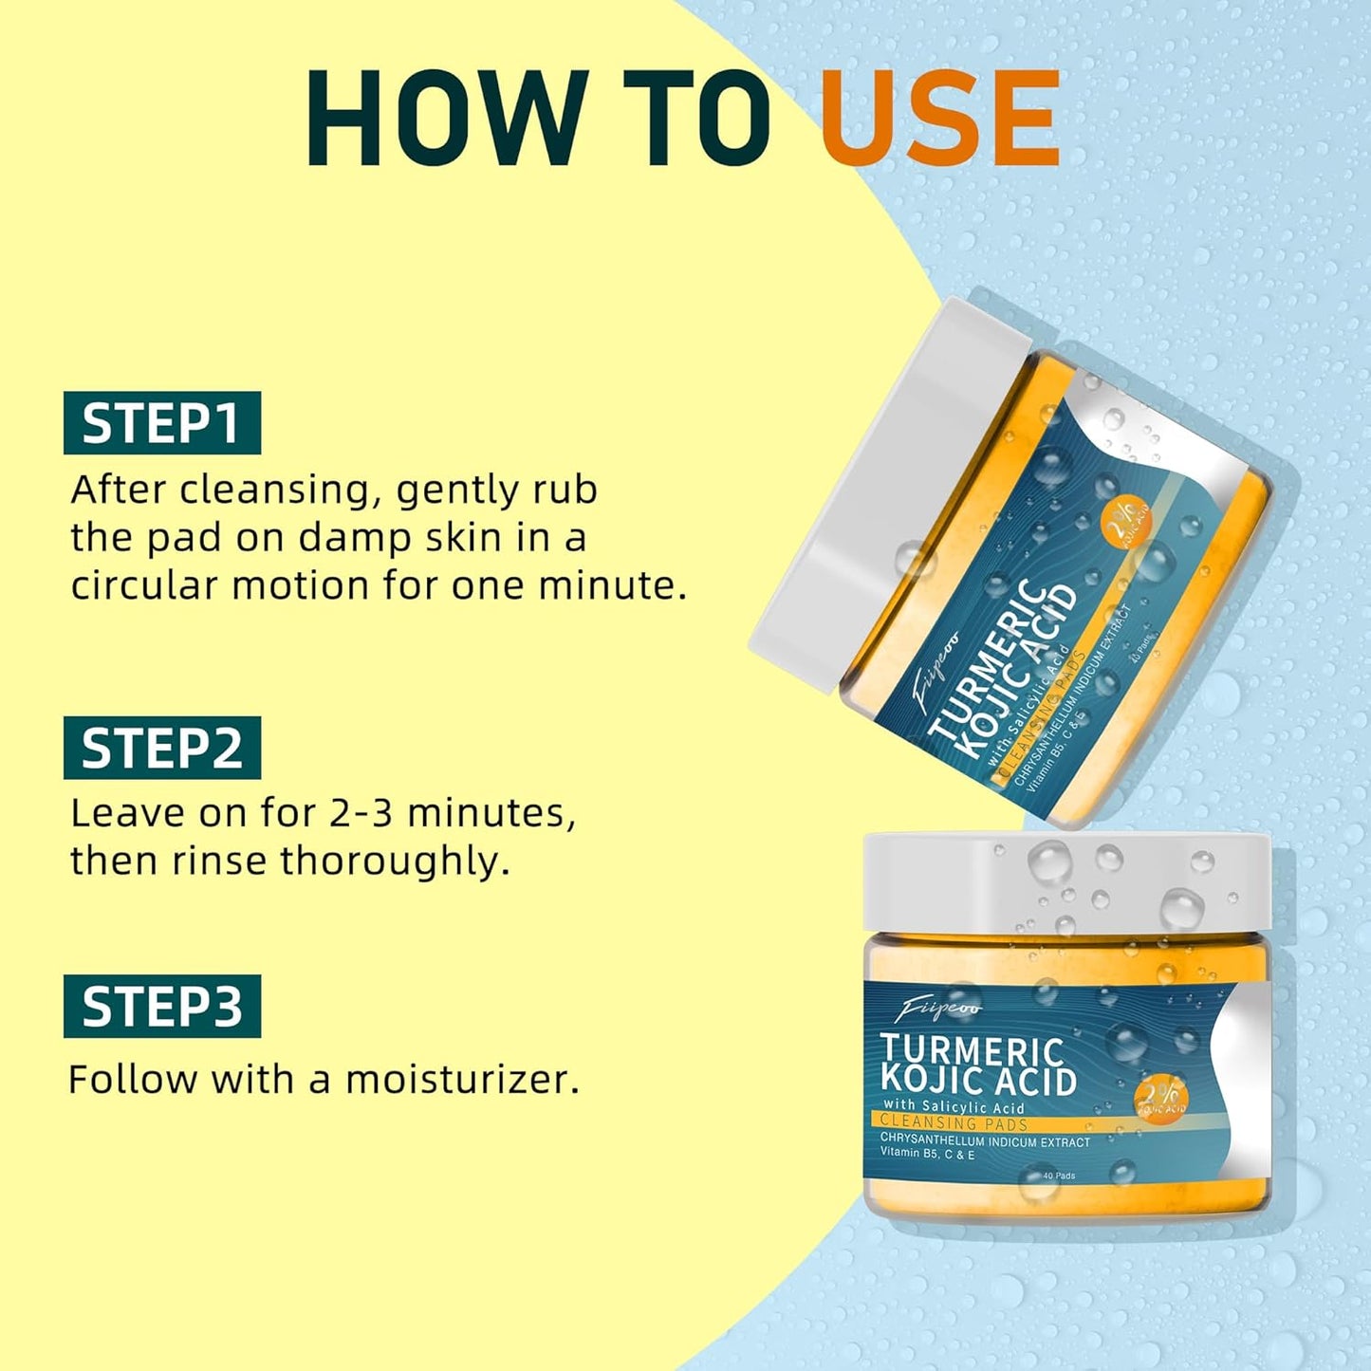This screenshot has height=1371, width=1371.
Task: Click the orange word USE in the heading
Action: [x=939, y=120]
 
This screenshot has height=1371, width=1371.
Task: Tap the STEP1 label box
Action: [x=161, y=423]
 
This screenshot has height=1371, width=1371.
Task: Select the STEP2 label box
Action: [x=161, y=748]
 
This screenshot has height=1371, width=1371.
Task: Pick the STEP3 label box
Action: [x=161, y=1006]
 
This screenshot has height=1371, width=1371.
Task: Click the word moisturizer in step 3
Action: [x=461, y=1080]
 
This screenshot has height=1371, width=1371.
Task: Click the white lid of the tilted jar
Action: [x=873, y=493]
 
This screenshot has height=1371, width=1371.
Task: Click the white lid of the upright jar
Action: [x=1067, y=882]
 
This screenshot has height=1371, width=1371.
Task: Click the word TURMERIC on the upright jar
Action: [x=972, y=1050]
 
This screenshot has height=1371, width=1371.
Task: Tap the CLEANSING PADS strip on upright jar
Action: [x=954, y=1123]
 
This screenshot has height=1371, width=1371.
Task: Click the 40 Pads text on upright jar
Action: [x=1058, y=1176]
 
